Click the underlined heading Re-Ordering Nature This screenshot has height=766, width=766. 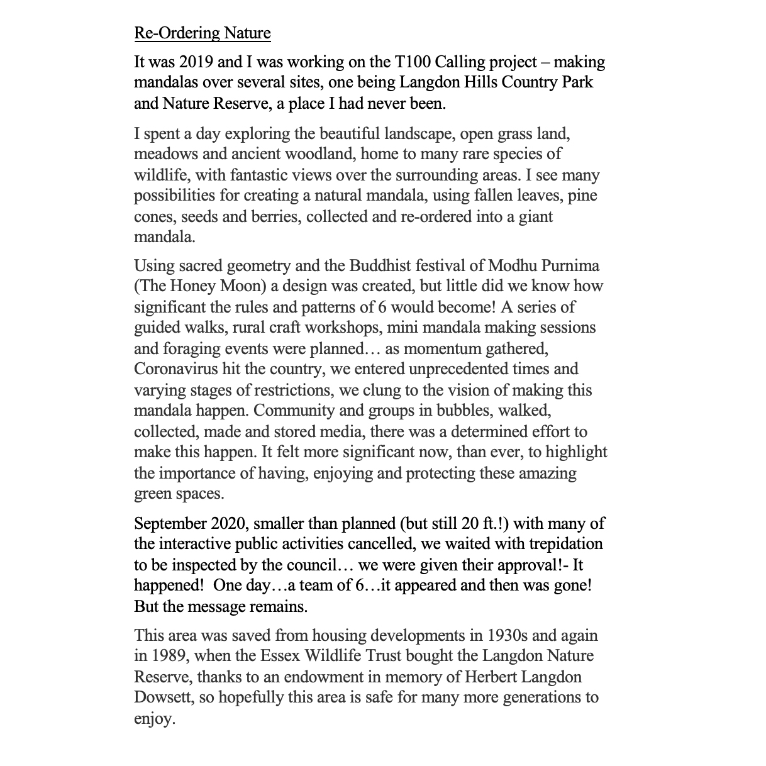203,33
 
